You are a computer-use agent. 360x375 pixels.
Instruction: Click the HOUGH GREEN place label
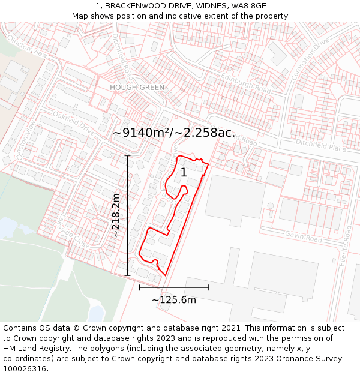point(137,87)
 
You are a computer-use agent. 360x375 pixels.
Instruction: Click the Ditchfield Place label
point(321,148)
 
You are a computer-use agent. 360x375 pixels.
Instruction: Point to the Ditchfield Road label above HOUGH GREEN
point(123,57)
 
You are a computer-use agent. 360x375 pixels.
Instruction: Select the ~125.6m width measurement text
point(174,300)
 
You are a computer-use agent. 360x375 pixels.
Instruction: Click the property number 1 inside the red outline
point(184,173)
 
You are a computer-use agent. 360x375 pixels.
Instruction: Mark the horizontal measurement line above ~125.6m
point(174,287)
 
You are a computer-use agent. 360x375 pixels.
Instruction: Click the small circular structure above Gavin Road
point(271,205)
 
